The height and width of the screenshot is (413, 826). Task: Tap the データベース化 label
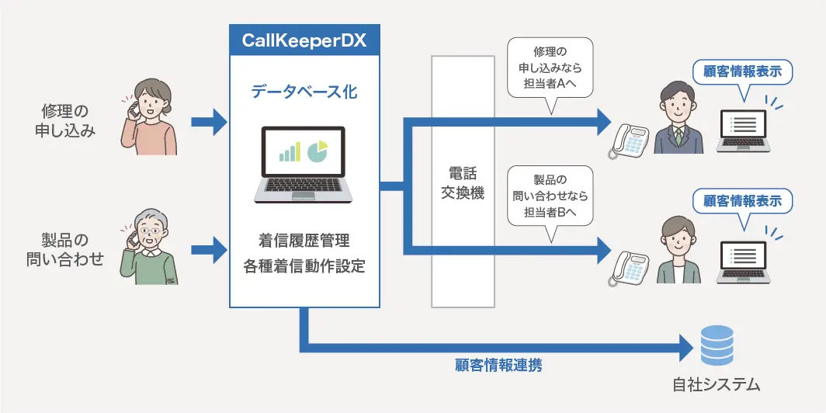(x=304, y=92)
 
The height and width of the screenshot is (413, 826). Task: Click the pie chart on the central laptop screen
(x=317, y=151)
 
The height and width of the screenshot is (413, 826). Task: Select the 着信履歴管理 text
(x=304, y=239)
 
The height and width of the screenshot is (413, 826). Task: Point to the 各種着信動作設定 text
(x=304, y=266)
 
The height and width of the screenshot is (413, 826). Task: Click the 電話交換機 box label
(x=463, y=183)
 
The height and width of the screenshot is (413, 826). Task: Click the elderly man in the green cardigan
(x=149, y=246)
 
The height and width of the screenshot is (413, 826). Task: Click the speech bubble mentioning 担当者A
(x=549, y=68)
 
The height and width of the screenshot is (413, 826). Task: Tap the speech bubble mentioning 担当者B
(x=549, y=196)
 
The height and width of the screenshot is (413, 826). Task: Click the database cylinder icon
(x=716, y=346)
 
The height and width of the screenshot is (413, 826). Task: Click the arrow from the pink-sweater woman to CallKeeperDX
(x=208, y=121)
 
